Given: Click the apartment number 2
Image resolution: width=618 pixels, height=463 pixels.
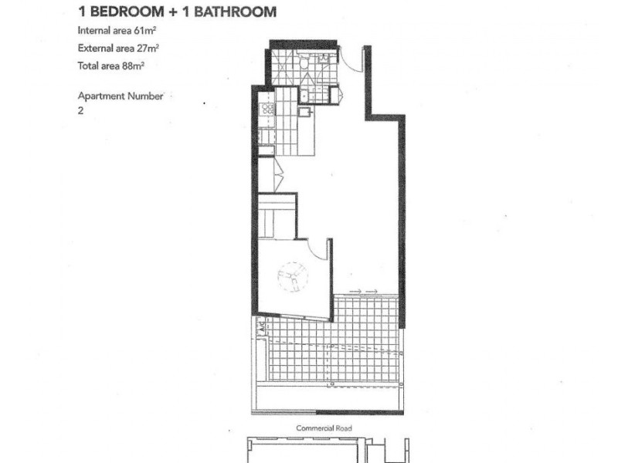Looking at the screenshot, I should [80, 110].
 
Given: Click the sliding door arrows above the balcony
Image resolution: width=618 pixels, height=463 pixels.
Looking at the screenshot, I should [362, 291].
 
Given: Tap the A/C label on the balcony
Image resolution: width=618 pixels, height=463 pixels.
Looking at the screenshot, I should [262, 328].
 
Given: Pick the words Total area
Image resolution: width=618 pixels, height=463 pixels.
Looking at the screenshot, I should [97, 66].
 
